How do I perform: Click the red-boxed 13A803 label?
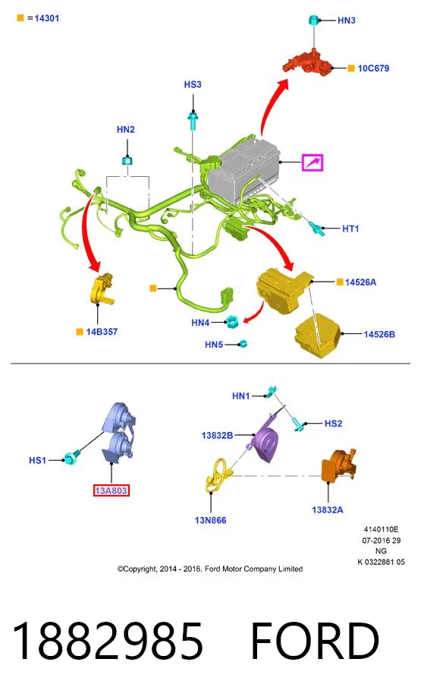pyautogui.click(x=111, y=490)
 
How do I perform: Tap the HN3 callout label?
pyautogui.click(x=347, y=20)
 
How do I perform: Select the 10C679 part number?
pyautogui.click(x=373, y=68)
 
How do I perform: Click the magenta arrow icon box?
pyautogui.click(x=313, y=162)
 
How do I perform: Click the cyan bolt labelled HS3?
pyautogui.click(x=193, y=121)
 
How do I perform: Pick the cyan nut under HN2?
pyautogui.click(x=127, y=161)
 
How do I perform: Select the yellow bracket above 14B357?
pyautogui.click(x=102, y=289)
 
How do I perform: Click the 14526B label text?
pyautogui.click(x=379, y=334)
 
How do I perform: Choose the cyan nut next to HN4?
pyautogui.click(x=232, y=321)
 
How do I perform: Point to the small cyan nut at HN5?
pyautogui.click(x=243, y=344)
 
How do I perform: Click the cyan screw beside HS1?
pyautogui.click(x=71, y=458)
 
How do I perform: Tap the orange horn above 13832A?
pyautogui.click(x=339, y=465)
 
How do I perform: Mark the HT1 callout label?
pyautogui.click(x=350, y=229)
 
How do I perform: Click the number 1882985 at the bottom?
pyautogui.click(x=108, y=641)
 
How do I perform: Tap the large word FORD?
pyautogui.click(x=315, y=641)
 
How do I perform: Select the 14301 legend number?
pyautogui.click(x=46, y=18)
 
